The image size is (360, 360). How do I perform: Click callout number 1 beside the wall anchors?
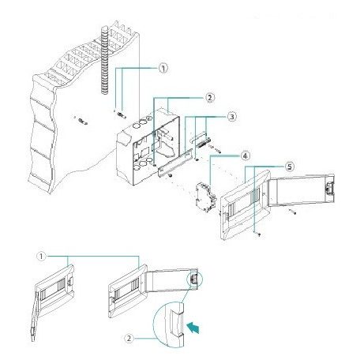[163, 69]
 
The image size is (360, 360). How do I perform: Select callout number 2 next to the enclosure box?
[210, 98]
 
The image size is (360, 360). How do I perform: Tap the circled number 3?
[231, 117]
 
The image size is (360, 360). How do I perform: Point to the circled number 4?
[246, 156]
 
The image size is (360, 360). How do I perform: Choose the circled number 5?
[290, 167]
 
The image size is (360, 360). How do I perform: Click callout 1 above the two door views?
[42, 256]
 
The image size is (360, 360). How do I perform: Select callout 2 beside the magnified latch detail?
[129, 338]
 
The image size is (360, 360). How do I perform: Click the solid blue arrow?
[193, 328]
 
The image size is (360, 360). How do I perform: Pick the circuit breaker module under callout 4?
[206, 197]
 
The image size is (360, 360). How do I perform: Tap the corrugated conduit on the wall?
[105, 60]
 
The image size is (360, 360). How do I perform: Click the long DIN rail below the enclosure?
[174, 163]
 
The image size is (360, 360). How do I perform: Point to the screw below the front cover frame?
[259, 234]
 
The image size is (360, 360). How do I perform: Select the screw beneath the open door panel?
[293, 212]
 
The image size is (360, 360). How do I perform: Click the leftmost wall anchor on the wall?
[82, 122]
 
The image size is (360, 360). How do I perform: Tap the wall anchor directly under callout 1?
[122, 115]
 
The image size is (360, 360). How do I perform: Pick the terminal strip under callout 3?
[203, 142]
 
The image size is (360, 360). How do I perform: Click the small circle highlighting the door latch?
[195, 279]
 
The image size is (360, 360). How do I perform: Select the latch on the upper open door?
[329, 189]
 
